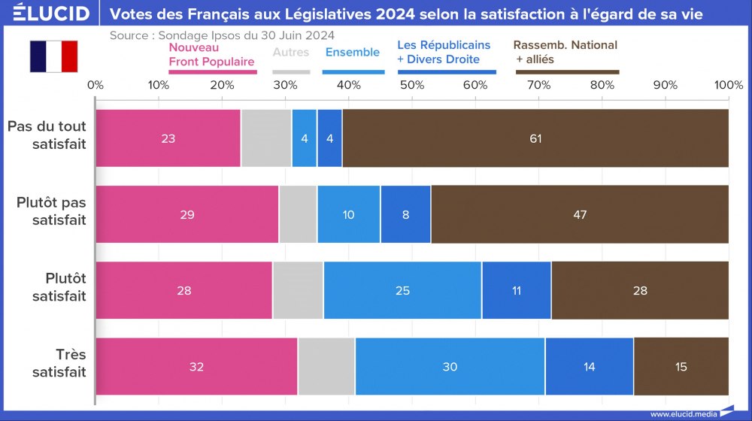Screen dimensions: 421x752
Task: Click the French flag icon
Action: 53,56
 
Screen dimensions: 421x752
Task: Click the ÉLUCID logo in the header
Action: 46,14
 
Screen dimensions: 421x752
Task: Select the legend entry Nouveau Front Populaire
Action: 211,54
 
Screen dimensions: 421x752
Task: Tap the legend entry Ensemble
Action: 352,52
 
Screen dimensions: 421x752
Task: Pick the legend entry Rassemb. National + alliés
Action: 566,52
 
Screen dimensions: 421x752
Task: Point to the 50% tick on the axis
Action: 412,84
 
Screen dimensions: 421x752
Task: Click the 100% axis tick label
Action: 728,84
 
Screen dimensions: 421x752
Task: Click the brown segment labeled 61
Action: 535,138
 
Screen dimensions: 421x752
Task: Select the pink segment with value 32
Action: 196,367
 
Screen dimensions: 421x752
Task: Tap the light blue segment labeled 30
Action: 450,367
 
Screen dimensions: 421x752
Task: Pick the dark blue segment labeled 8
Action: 405,214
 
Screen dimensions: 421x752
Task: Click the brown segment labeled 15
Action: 681,367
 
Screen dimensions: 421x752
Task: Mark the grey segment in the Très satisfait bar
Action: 326,367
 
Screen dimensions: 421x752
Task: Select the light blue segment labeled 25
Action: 402,290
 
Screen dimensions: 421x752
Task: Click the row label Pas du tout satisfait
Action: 47,135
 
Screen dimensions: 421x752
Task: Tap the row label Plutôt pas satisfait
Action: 51,211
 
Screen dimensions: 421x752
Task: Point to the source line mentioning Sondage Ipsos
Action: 222,35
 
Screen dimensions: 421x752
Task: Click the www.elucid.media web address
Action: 683,413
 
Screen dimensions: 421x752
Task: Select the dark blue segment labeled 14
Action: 589,367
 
